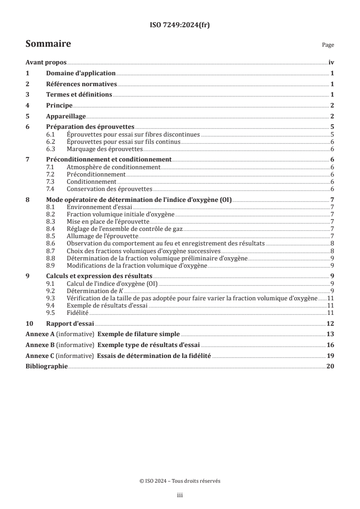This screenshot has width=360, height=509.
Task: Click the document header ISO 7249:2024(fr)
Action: point(180,25)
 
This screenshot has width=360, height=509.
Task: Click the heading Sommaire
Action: point(48,44)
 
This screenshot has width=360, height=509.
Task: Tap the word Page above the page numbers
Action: point(328,45)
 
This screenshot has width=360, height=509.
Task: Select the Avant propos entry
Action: point(46,63)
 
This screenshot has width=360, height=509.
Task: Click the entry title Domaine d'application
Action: point(81,73)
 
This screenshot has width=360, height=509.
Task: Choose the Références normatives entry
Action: point(82,84)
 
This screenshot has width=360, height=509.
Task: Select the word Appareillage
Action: point(66,116)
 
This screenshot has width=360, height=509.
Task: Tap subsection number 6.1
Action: point(51,135)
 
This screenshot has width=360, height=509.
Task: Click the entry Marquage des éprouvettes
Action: point(104,149)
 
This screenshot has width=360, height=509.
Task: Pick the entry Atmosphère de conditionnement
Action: point(113,167)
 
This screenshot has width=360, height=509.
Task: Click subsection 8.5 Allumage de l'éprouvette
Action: point(102,236)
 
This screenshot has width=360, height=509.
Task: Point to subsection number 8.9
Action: point(51,265)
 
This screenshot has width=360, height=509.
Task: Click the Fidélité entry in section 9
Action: point(78,313)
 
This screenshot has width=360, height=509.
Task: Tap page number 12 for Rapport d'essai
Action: point(330,323)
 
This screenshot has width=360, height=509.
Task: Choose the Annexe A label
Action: point(40,334)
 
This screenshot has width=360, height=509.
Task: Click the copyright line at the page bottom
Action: point(180,481)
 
